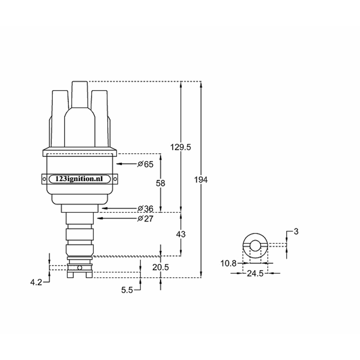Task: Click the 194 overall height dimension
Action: [201, 179]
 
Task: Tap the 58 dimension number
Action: [160, 183]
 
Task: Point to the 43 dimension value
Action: [181, 234]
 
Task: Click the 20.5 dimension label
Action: [160, 267]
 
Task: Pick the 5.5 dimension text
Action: [127, 290]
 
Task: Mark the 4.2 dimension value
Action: [36, 283]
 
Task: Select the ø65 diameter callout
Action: [145, 164]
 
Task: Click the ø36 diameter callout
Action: [145, 208]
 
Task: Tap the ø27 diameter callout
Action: [145, 219]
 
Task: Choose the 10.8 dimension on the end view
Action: [228, 264]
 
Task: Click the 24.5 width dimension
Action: [255, 274]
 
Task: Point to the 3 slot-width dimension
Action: [296, 231]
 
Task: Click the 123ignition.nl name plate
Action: [80, 179]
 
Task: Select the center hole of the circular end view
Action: [255, 246]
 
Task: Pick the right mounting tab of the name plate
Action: [115, 179]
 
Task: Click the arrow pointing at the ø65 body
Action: [126, 164]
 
